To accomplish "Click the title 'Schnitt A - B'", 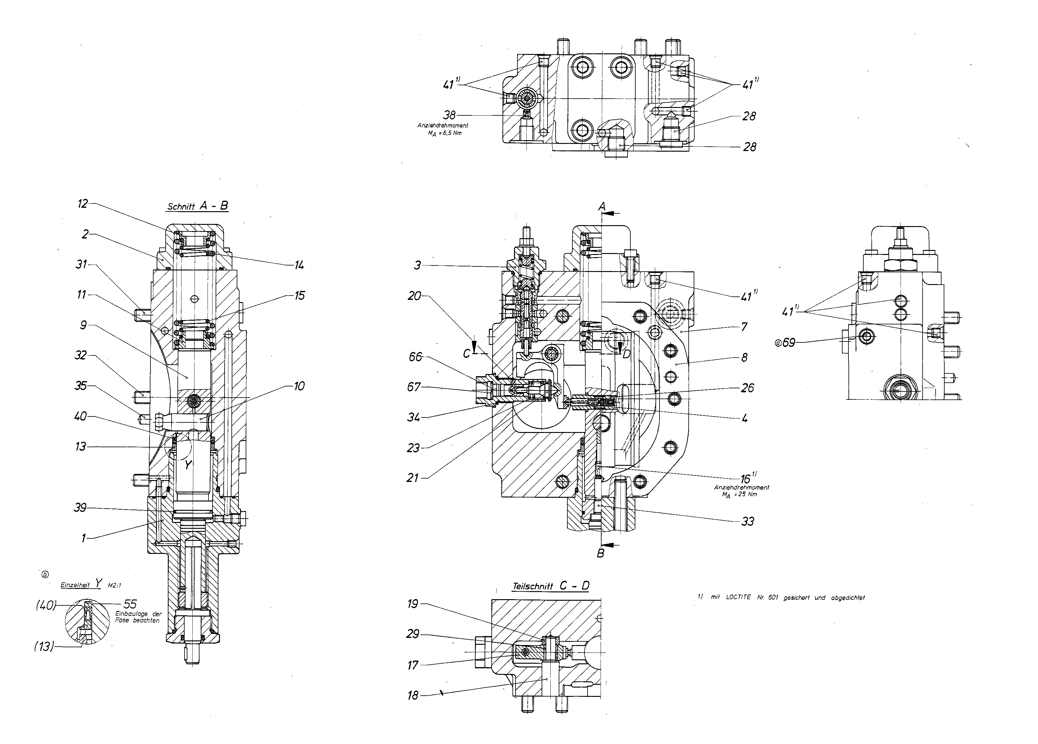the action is point(198,206).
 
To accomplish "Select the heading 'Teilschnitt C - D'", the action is point(551,586).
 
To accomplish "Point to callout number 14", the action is point(299,265).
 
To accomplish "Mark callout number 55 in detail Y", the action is point(130,604).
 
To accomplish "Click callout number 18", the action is point(413,696).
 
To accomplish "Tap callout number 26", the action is point(747,388).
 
